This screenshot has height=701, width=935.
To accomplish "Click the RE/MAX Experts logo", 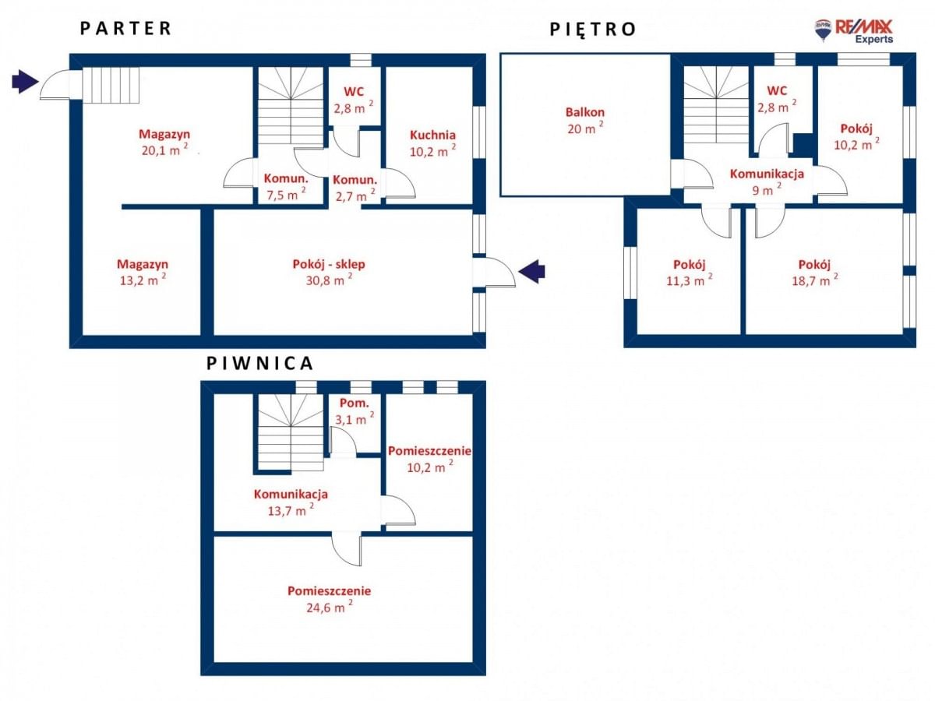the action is click(x=854, y=31).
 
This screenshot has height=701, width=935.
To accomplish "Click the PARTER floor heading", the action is click(x=125, y=29).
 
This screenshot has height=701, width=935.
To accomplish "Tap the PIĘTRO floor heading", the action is click(x=593, y=30).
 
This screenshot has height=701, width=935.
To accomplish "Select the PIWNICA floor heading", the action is click(x=259, y=364).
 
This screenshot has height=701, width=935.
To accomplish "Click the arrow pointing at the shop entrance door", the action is click(x=531, y=271).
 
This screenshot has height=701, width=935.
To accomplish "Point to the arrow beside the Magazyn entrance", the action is click(x=25, y=81).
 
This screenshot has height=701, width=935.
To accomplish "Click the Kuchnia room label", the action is click(x=432, y=136).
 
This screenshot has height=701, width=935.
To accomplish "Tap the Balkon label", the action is click(x=585, y=112).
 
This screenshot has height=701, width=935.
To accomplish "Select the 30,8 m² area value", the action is click(x=329, y=279).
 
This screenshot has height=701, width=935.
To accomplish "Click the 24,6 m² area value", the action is click(x=330, y=606).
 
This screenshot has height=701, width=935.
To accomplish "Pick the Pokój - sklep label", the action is click(x=329, y=264).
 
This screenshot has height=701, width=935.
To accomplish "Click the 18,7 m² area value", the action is click(x=814, y=280).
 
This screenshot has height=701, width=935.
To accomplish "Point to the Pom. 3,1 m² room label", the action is click(x=355, y=411).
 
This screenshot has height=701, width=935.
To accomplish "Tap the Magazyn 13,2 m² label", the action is click(x=143, y=272).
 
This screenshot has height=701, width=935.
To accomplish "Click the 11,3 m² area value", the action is click(x=690, y=280).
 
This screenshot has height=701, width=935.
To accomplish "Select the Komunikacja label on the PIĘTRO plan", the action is click(x=767, y=174).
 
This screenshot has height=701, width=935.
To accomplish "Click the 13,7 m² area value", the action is click(x=291, y=509).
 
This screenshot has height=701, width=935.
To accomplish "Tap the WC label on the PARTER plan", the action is click(x=354, y=91).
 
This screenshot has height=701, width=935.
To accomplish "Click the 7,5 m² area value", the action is click(x=286, y=194).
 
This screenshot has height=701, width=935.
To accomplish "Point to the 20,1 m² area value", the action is click(x=164, y=150).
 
